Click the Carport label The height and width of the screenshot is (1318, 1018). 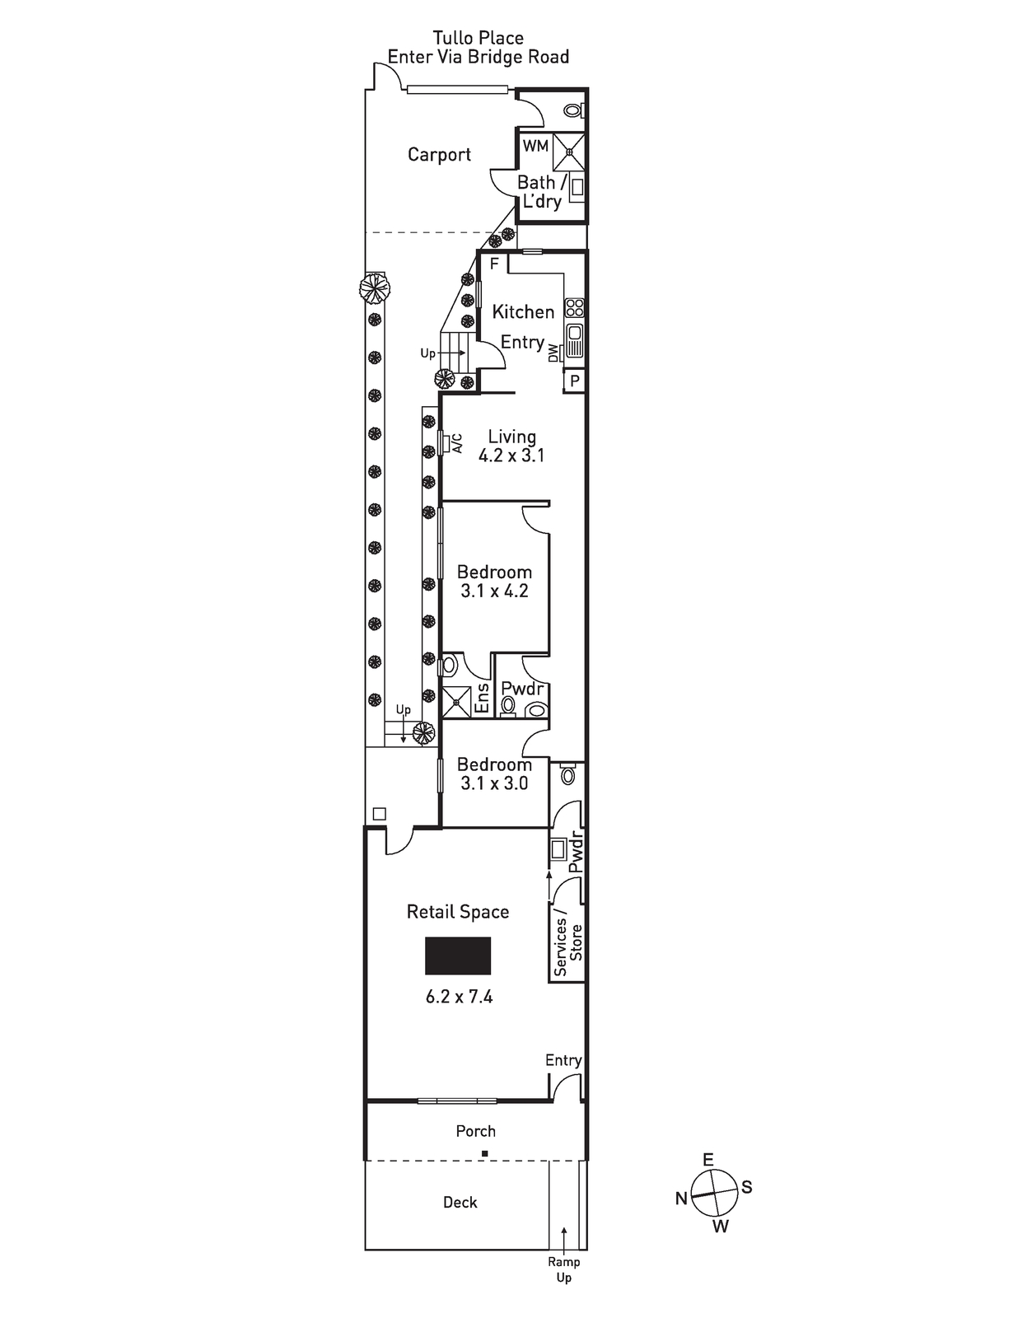439,155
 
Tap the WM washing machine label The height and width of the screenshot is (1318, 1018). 535,146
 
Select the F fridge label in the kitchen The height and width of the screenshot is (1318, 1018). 494,264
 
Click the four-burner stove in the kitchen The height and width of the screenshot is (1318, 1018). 574,308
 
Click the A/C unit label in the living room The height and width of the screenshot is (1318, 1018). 458,443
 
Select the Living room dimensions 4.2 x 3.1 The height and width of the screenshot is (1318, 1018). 511,456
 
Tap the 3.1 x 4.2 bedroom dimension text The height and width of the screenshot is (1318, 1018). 494,591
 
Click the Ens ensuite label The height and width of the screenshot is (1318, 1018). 483,698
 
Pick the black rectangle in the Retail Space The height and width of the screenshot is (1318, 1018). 458,956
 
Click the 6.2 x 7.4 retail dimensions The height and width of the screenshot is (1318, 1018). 459,997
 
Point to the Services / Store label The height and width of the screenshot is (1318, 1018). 568,942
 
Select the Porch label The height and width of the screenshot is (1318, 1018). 476,1131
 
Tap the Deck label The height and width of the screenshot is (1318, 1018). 460,1202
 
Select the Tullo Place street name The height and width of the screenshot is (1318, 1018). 478,38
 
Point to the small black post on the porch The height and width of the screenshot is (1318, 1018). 484,1153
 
